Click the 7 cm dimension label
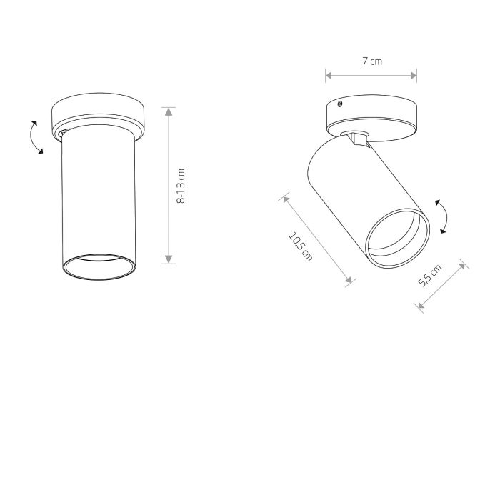372,61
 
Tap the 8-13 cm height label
181,186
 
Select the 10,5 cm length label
300,247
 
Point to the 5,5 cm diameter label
430,276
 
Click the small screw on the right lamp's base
340,104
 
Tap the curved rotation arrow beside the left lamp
34,137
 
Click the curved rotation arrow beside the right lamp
443,216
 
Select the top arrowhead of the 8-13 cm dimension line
169,111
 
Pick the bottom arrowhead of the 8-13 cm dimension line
169,259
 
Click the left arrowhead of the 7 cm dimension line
329,76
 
